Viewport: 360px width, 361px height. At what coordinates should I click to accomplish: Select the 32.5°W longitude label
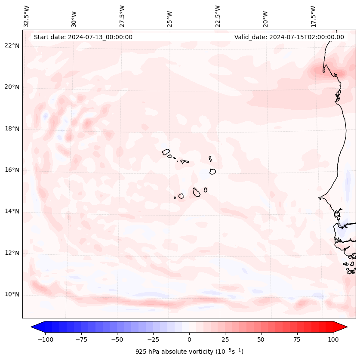pyautogui.click(x=26, y=16)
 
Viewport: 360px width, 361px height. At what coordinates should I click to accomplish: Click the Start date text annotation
pyautogui.click(x=83, y=37)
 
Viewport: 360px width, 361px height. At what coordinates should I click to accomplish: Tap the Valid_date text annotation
pyautogui.click(x=289, y=37)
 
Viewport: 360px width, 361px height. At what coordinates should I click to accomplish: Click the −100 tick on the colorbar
pyautogui.click(x=45, y=339)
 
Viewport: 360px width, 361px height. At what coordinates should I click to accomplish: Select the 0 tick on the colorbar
pyautogui.click(x=189, y=339)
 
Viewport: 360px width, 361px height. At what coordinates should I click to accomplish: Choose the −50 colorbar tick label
pyautogui.click(x=117, y=339)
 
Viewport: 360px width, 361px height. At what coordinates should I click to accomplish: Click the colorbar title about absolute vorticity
pyautogui.click(x=189, y=352)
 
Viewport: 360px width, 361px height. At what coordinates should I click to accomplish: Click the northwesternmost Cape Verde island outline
pyautogui.click(x=166, y=152)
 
